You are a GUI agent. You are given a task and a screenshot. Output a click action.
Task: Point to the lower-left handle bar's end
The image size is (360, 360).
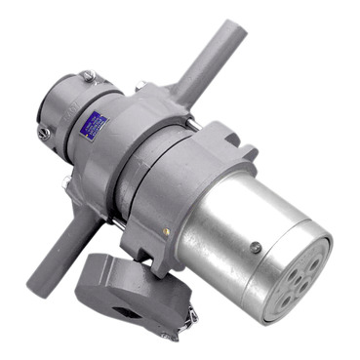coord(50,256)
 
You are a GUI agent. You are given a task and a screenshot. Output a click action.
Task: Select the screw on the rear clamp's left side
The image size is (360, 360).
coord(43,130)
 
